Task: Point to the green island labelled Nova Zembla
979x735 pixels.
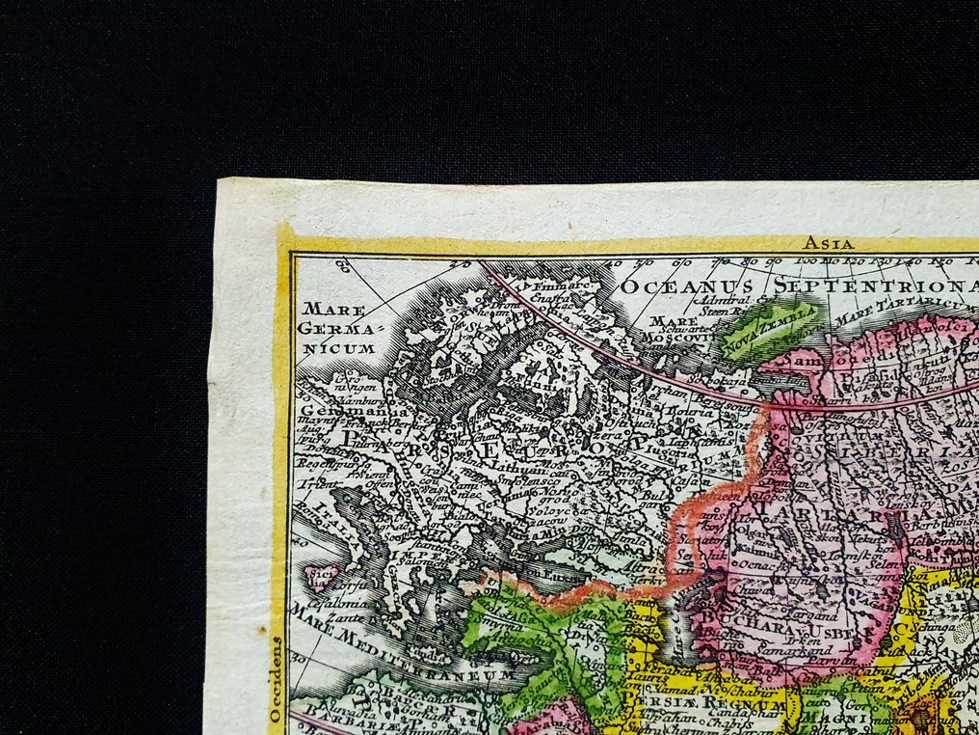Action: point(771,328)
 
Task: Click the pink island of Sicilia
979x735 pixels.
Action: point(318,576)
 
